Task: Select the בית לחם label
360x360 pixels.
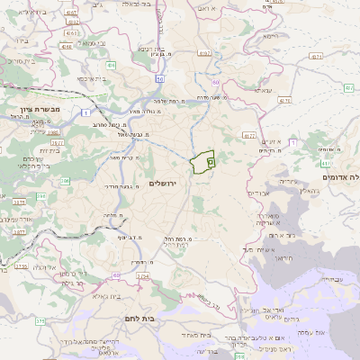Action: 162,318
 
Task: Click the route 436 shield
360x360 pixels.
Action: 112,66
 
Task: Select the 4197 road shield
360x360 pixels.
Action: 205,54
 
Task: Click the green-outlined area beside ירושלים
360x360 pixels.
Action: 203,162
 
